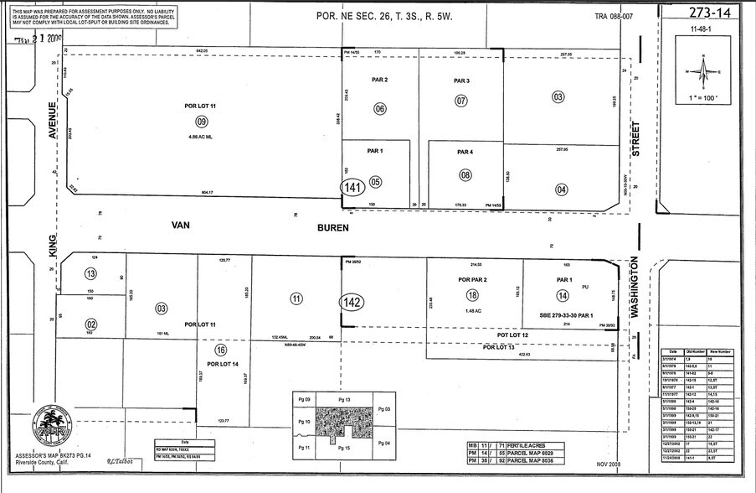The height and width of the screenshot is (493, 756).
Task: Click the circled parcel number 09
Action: [201, 122]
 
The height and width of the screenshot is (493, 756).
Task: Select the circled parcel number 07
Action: [460, 101]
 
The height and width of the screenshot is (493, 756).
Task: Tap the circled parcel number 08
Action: [465, 174]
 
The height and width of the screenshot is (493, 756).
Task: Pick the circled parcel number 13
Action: [90, 273]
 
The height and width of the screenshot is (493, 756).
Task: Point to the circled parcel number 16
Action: [221, 350]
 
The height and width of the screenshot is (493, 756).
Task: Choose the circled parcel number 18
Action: [473, 295]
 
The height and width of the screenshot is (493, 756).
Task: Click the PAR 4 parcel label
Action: [465, 152]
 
